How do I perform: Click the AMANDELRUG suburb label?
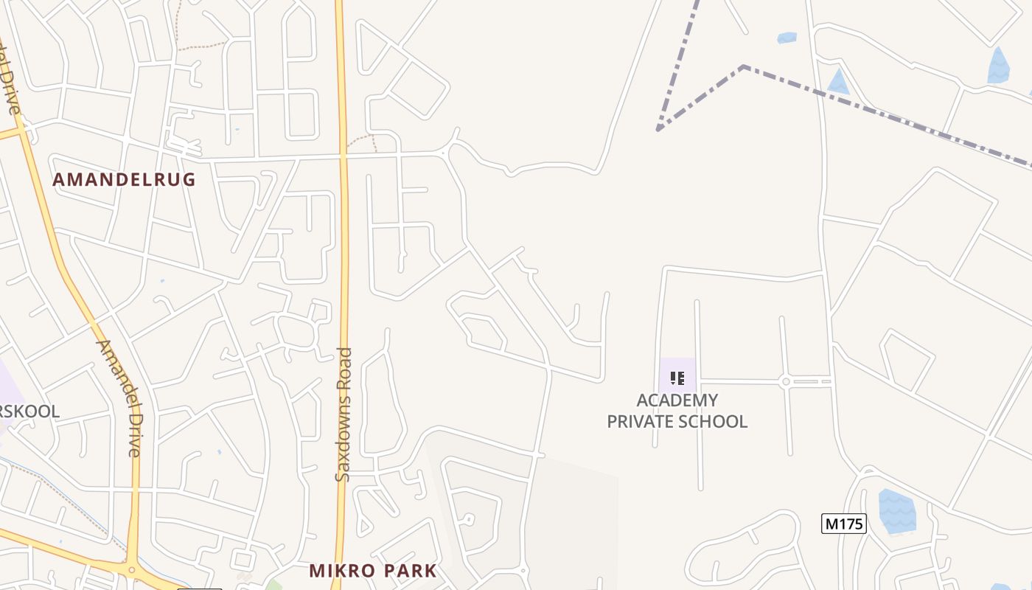pyautogui.click(x=124, y=179)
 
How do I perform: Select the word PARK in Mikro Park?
pyautogui.click(x=410, y=571)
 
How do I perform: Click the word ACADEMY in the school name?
pyautogui.click(x=677, y=400)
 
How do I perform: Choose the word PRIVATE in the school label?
pyautogui.click(x=641, y=422)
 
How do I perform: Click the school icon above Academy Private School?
pyautogui.click(x=677, y=378)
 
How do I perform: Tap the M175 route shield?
pyautogui.click(x=843, y=524)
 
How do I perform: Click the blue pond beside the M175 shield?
pyautogui.click(x=897, y=511)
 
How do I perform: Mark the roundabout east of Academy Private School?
pyautogui.click(x=786, y=381)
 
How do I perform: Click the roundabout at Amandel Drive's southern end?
pyautogui.click(x=132, y=570)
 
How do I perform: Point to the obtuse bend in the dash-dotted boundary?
pyautogui.click(x=744, y=67)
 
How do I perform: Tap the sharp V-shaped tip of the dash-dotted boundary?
pyautogui.click(x=658, y=130)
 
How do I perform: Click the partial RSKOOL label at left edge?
pyautogui.click(x=29, y=412)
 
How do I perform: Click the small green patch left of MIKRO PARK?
pyautogui.click(x=273, y=585)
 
